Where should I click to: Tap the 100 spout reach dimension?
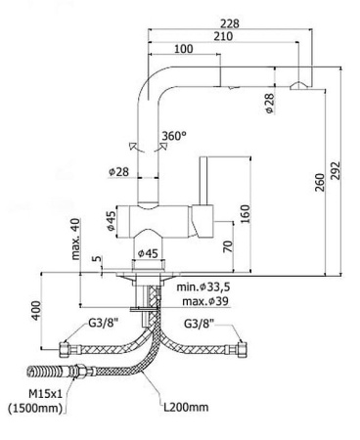tap(182, 50)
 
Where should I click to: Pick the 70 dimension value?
tap(227, 245)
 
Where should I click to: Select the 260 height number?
tap(319, 181)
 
